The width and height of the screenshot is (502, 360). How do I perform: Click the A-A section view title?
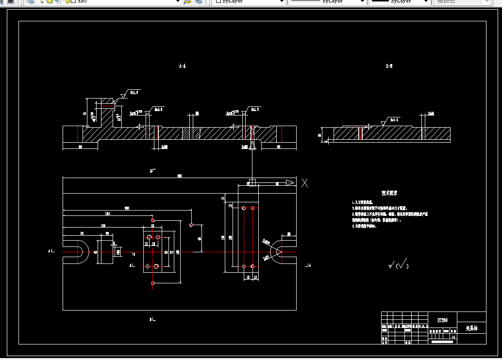182,66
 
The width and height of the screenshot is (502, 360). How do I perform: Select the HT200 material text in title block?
442,320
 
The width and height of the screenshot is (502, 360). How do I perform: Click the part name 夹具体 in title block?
471,328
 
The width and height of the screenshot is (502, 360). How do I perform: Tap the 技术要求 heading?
389,193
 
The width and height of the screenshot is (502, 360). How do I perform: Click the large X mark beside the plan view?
304,183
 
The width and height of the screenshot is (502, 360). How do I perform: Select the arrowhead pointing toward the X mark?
290,182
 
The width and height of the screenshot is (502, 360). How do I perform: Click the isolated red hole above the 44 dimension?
192,225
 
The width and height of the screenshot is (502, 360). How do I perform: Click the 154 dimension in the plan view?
107,213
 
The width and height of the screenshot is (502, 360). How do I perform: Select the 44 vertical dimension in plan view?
200,239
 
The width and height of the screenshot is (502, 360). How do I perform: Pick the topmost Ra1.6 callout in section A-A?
133,92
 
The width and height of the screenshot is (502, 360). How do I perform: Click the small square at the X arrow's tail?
252,182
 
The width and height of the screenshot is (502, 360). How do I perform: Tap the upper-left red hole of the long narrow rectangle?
244,208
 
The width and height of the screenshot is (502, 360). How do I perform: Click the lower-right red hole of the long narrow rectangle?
253,266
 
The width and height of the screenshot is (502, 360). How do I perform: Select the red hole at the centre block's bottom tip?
153,283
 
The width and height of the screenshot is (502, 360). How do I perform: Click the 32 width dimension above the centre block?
152,226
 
